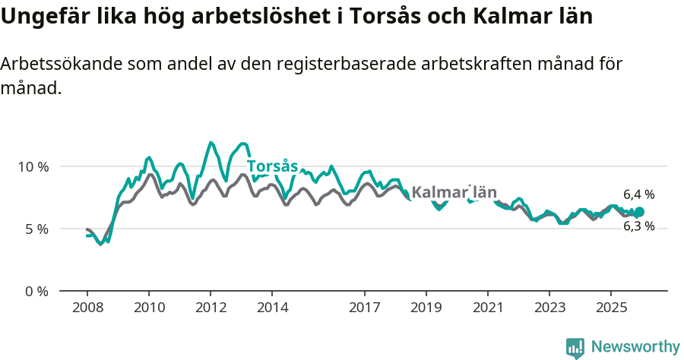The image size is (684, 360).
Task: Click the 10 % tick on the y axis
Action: pyautogui.click(x=33, y=166)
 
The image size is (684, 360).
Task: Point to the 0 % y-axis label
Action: pyautogui.click(x=36, y=291)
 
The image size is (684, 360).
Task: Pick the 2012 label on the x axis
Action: pyautogui.click(x=211, y=308)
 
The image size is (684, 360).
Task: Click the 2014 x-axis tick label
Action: pyautogui.click(x=272, y=308)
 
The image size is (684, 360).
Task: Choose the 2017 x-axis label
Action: pyautogui.click(x=365, y=308)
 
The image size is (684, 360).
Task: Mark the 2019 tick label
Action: pyautogui.click(x=426, y=308)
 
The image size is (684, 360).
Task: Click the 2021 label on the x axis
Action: pyautogui.click(x=488, y=308)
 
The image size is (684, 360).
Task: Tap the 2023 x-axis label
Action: pyautogui.click(x=549, y=308)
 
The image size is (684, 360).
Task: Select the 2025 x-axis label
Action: pyautogui.click(x=612, y=308)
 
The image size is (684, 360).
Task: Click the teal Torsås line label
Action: pyautogui.click(x=272, y=166)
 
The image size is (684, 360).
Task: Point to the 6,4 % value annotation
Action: pyautogui.click(x=638, y=194)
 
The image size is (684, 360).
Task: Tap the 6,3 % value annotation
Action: pyautogui.click(x=638, y=226)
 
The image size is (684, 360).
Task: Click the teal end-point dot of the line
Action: pyautogui.click(x=639, y=212)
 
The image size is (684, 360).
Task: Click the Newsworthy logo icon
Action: pyautogui.click(x=575, y=347)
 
